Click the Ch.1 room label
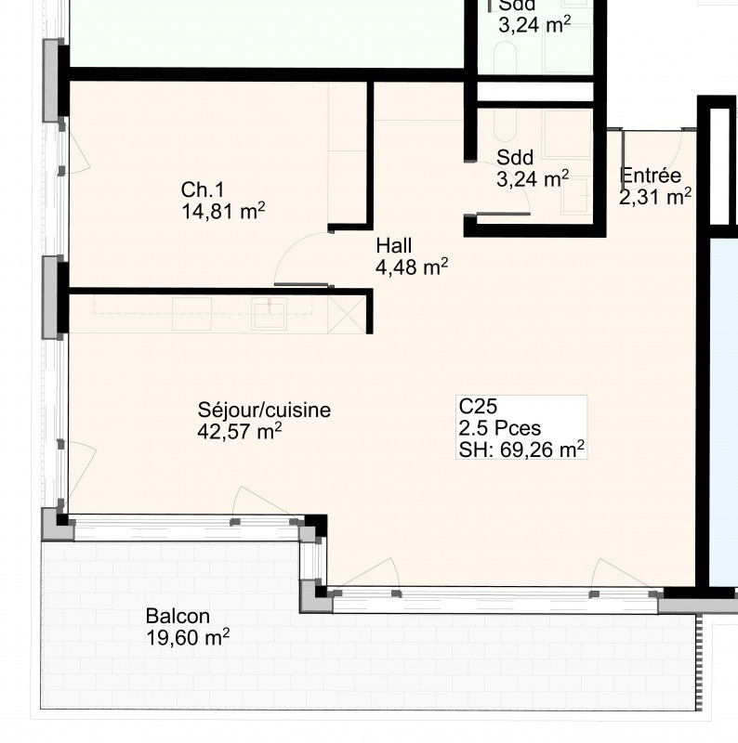(x=202, y=189)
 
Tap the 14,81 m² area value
(x=223, y=212)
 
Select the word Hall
(x=394, y=245)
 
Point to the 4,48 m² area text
(x=412, y=267)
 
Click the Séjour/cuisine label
(x=264, y=410)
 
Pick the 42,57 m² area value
(x=240, y=432)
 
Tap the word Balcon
(x=178, y=616)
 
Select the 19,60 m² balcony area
(x=188, y=637)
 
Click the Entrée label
(x=651, y=176)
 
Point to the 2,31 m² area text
(x=655, y=197)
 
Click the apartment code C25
(x=478, y=406)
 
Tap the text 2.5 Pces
(x=500, y=428)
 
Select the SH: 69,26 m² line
(x=521, y=450)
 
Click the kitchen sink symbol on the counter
(x=269, y=314)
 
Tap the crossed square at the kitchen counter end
(x=347, y=315)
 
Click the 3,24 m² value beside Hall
(x=533, y=179)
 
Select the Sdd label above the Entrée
(x=515, y=157)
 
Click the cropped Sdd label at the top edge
(x=517, y=5)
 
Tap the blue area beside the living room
(x=724, y=412)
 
